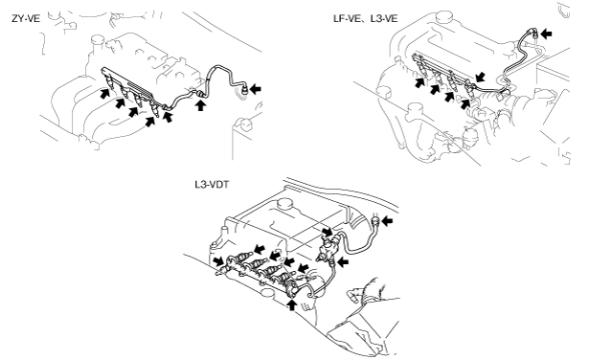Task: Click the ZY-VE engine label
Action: [x=26, y=18]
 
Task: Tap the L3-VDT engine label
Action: [x=212, y=184]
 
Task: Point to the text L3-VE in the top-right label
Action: [x=384, y=18]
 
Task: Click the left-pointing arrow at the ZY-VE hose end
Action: [x=256, y=89]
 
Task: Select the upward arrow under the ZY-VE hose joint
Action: [x=200, y=105]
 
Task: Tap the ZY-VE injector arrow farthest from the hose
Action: [x=104, y=93]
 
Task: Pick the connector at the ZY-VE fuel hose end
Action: [x=244, y=90]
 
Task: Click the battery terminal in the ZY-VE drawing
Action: [x=245, y=124]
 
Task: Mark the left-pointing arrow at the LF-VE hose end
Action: [x=547, y=34]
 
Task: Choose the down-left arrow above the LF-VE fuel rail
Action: [x=481, y=77]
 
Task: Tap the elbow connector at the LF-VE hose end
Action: [x=533, y=34]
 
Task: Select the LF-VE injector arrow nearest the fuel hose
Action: [x=465, y=103]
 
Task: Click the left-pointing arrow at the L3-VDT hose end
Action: [x=387, y=221]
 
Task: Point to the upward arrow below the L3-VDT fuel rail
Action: [x=292, y=304]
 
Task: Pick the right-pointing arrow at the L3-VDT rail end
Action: [x=218, y=260]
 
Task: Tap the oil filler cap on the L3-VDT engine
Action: [x=284, y=204]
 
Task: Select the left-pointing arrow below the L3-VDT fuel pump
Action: [x=343, y=262]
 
